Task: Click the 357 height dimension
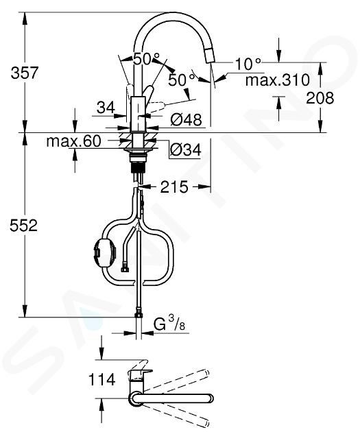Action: (24, 73)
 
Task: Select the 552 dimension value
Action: (23, 225)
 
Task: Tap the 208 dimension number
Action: (320, 98)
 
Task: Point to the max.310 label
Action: (278, 80)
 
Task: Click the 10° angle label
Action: (248, 64)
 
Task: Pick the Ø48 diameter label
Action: (186, 120)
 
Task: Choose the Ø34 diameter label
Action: (185, 150)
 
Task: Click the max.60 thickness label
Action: (74, 141)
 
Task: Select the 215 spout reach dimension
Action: (174, 187)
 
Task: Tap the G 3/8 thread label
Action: (169, 324)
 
